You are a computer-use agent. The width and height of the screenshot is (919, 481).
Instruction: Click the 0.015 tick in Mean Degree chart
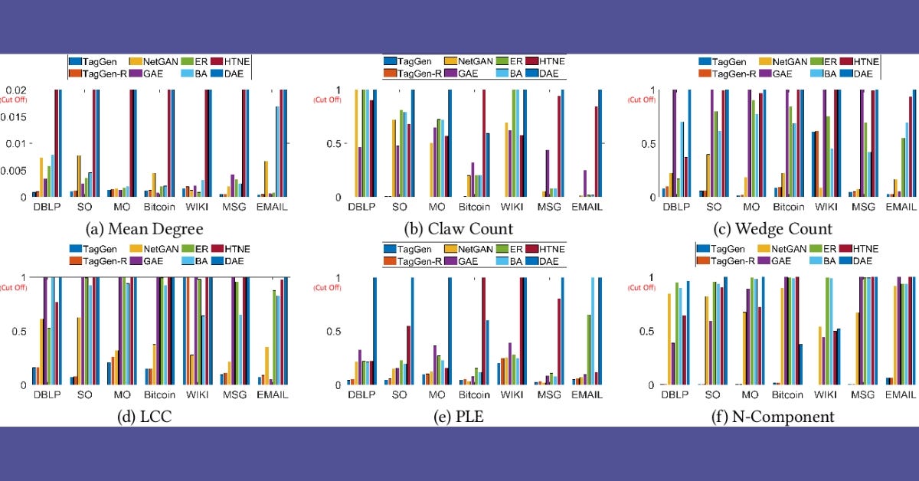pos(13,116)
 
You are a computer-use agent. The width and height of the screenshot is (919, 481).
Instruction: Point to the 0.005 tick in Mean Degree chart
pos(13,170)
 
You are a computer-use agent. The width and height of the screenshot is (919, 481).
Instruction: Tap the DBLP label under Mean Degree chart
pos(47,208)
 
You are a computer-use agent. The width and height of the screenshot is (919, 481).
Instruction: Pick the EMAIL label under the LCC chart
pos(273,395)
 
